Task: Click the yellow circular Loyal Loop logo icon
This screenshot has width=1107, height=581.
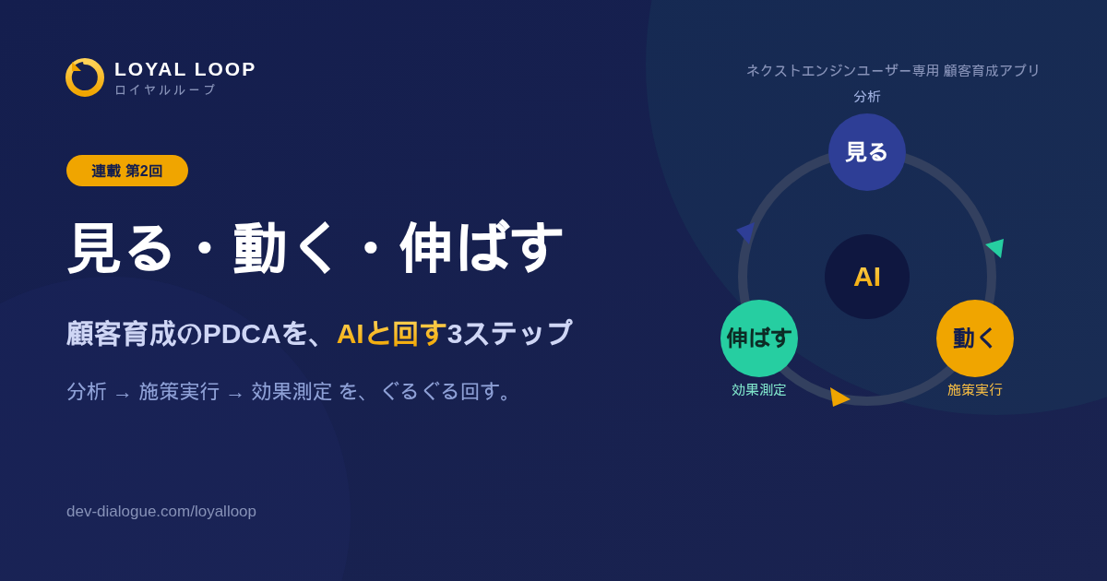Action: pyautogui.click(x=85, y=77)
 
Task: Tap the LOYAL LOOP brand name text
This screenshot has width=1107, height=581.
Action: pyautogui.click(x=184, y=69)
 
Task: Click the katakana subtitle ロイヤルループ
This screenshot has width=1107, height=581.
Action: pyautogui.click(x=165, y=89)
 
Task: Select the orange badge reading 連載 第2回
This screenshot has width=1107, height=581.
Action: pyautogui.click(x=127, y=171)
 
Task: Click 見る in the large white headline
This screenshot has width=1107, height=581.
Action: pyautogui.click(x=120, y=247)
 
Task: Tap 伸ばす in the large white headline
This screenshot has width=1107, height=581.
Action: pyautogui.click(x=482, y=247)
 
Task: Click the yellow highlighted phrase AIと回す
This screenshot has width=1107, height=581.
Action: pyautogui.click(x=391, y=333)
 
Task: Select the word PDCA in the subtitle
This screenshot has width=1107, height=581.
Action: pyautogui.click(x=242, y=334)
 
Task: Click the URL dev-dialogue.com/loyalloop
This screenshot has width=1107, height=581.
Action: pyautogui.click(x=161, y=511)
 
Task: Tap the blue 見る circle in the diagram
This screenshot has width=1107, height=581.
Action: pyautogui.click(x=867, y=152)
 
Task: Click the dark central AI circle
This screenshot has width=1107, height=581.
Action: pyautogui.click(x=867, y=277)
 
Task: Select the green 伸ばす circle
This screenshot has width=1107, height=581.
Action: pyautogui.click(x=759, y=338)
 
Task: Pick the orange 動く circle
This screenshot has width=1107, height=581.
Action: pyautogui.click(x=974, y=338)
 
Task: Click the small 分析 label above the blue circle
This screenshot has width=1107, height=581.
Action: pyautogui.click(x=867, y=96)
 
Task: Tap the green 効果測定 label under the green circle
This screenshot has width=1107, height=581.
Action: pyautogui.click(x=758, y=390)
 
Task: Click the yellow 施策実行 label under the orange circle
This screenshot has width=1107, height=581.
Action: pyautogui.click(x=974, y=390)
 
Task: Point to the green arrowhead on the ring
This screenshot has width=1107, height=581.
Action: pyautogui.click(x=996, y=247)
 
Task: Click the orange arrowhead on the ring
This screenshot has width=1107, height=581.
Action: pyautogui.click(x=839, y=397)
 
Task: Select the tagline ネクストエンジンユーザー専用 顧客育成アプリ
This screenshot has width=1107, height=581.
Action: pyautogui.click(x=893, y=70)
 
